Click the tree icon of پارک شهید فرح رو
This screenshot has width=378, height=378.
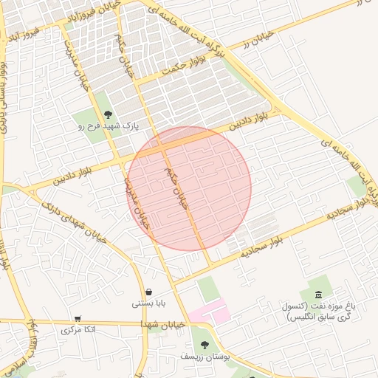tap(109, 114)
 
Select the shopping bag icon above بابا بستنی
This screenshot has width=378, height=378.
tap(149, 292)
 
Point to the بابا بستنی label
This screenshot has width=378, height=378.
tap(149, 303)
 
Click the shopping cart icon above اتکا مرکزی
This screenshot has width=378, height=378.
tap(78, 318)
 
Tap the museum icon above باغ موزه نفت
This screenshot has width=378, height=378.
tap(318, 295)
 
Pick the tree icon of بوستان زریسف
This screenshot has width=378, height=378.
tap(205, 344)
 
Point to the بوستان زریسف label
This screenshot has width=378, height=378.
tap(206, 356)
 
